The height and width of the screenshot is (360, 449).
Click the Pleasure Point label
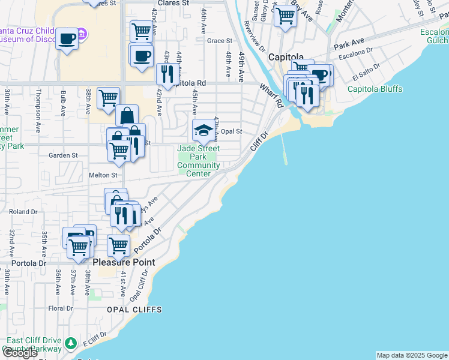coord(124,262)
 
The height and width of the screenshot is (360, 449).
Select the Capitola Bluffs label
coord(375,89)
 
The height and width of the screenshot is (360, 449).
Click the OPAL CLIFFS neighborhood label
coord(134,309)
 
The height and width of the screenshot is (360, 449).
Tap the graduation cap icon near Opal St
coord(203,130)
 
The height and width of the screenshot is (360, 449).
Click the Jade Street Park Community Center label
coord(198,161)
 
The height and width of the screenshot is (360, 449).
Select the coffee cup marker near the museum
coord(67,39)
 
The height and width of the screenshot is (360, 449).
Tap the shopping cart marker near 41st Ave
coord(119,245)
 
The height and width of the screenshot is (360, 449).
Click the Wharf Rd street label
coord(271,95)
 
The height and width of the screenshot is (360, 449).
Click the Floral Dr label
coord(61,308)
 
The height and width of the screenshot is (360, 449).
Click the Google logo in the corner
coord(20,353)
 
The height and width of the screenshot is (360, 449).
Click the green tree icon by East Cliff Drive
coord(71,343)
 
